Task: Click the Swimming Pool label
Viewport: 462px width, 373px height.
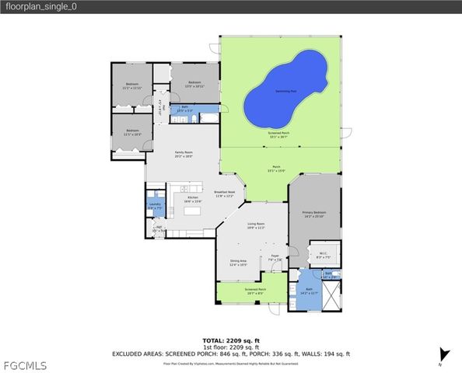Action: click(x=279, y=91)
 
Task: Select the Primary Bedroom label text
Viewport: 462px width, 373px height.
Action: click(x=313, y=214)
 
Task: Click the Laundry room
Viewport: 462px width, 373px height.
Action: click(x=155, y=206)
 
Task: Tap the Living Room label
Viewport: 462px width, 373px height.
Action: click(x=257, y=228)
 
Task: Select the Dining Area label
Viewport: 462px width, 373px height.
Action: click(x=238, y=263)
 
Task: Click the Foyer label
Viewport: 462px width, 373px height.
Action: click(x=275, y=257)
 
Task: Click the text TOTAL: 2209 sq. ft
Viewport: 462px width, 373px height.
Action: click(x=231, y=340)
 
